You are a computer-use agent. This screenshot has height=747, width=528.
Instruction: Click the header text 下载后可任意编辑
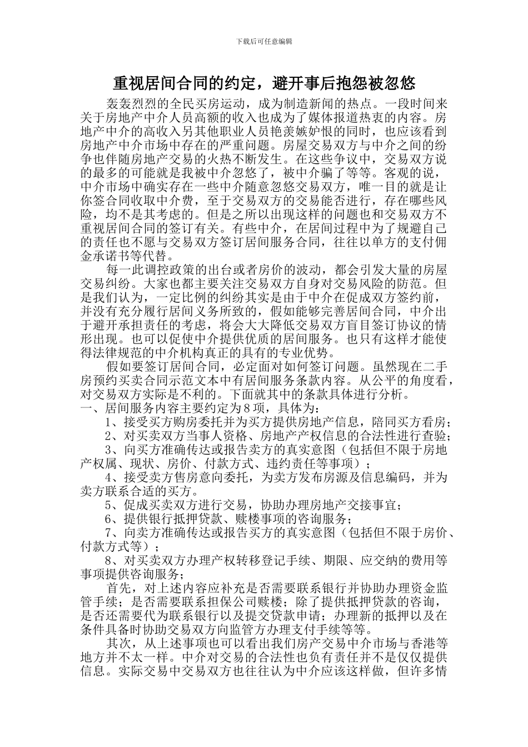coord(264,41)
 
